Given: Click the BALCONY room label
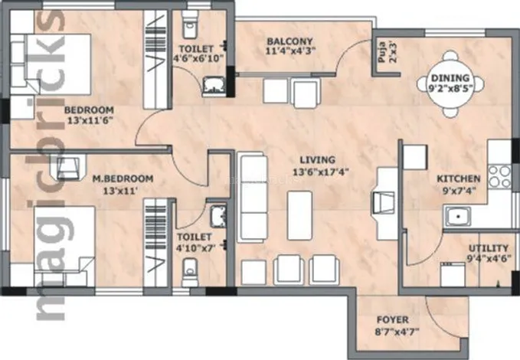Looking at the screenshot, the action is pyautogui.click(x=289, y=41).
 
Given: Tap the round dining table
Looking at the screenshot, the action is pyautogui.click(x=450, y=83).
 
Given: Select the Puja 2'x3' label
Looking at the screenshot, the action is pyautogui.click(x=387, y=51).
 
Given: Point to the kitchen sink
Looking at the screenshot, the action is pyautogui.click(x=458, y=216).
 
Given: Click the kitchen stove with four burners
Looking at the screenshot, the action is pyautogui.click(x=499, y=176).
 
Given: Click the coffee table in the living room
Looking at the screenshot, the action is pyautogui.click(x=299, y=215).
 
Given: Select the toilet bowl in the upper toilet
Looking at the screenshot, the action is pyautogui.click(x=189, y=28).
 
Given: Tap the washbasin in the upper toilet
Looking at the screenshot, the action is pyautogui.click(x=214, y=87).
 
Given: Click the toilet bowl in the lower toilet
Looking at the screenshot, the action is pyautogui.click(x=189, y=272).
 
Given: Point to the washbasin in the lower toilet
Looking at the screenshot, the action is pyautogui.click(x=218, y=217).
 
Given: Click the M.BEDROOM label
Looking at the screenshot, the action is pyautogui.click(x=123, y=178).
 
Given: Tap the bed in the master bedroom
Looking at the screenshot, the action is pyautogui.click(x=64, y=247).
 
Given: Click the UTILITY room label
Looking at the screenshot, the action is pyautogui.click(x=488, y=248).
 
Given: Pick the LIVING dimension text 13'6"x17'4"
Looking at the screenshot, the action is pyautogui.click(x=320, y=172).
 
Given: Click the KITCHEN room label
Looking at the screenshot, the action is pyautogui.click(x=458, y=178).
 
